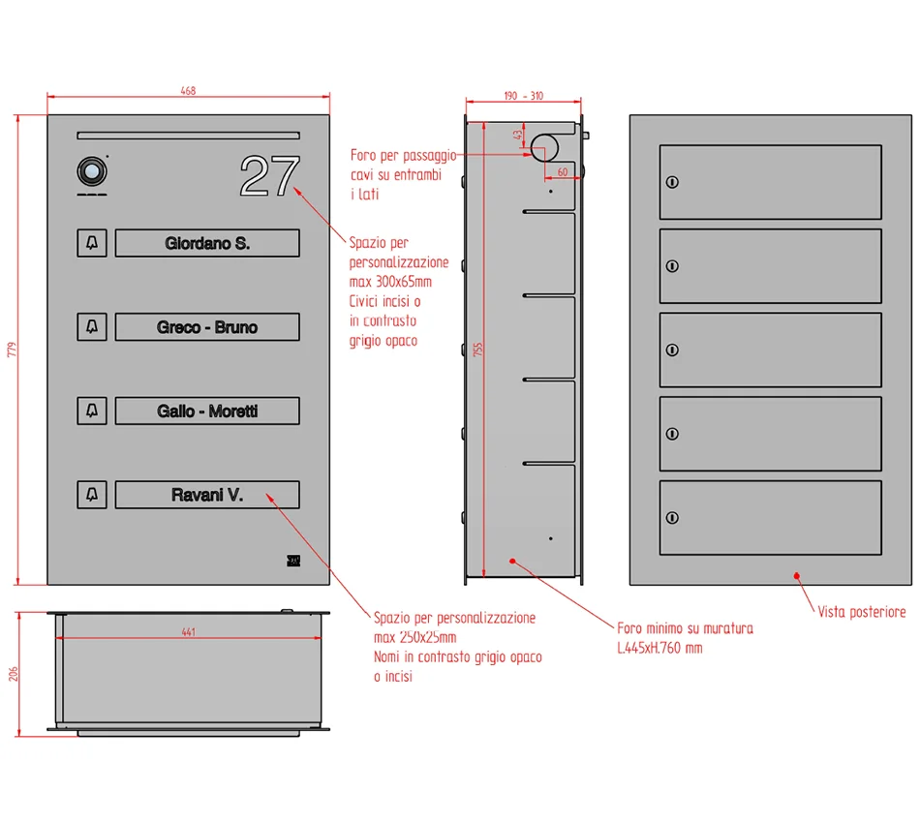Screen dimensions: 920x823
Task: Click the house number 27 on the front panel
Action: click(x=270, y=175)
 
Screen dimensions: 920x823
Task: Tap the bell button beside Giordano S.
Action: click(x=92, y=243)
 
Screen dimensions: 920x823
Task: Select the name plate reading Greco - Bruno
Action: click(x=207, y=326)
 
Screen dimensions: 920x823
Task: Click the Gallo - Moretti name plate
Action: click(x=207, y=411)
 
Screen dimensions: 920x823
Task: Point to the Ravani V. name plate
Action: click(x=207, y=495)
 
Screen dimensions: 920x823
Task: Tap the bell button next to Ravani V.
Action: click(x=92, y=495)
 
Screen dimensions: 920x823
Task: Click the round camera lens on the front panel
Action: click(x=92, y=171)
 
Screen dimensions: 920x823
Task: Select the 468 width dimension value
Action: click(x=188, y=91)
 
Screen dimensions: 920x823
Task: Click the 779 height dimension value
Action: click(x=13, y=350)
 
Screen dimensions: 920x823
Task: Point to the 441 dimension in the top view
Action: click(x=188, y=632)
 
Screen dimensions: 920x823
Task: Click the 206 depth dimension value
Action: click(x=14, y=674)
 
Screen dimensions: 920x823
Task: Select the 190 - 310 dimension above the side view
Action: click(x=523, y=96)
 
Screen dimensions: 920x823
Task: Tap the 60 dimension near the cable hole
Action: click(x=563, y=172)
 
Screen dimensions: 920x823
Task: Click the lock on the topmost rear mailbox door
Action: click(x=672, y=182)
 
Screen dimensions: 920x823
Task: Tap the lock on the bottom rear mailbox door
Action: click(x=672, y=517)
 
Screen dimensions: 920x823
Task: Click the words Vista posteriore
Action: click(x=862, y=612)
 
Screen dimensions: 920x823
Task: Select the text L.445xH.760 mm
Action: click(x=659, y=648)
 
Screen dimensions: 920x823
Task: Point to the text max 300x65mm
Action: click(x=391, y=282)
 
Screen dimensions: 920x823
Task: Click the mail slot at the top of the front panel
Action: click(x=188, y=136)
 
